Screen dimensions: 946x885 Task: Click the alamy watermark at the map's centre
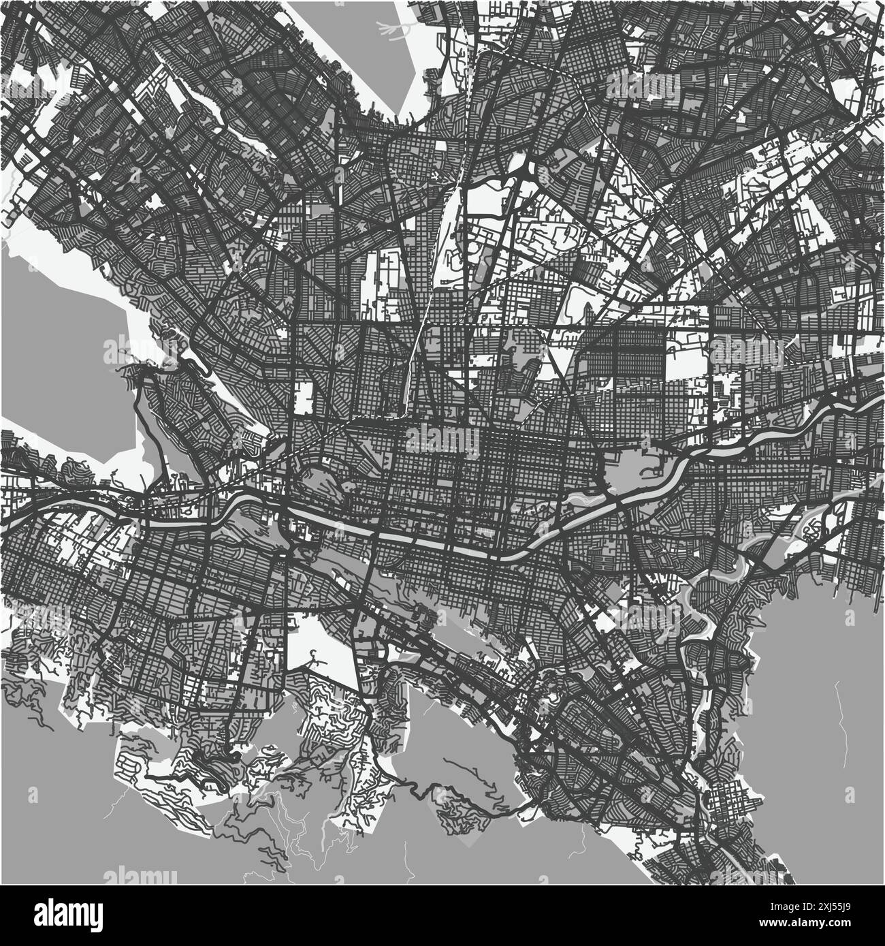click(442, 436)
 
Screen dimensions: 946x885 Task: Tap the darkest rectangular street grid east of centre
click(623, 354)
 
